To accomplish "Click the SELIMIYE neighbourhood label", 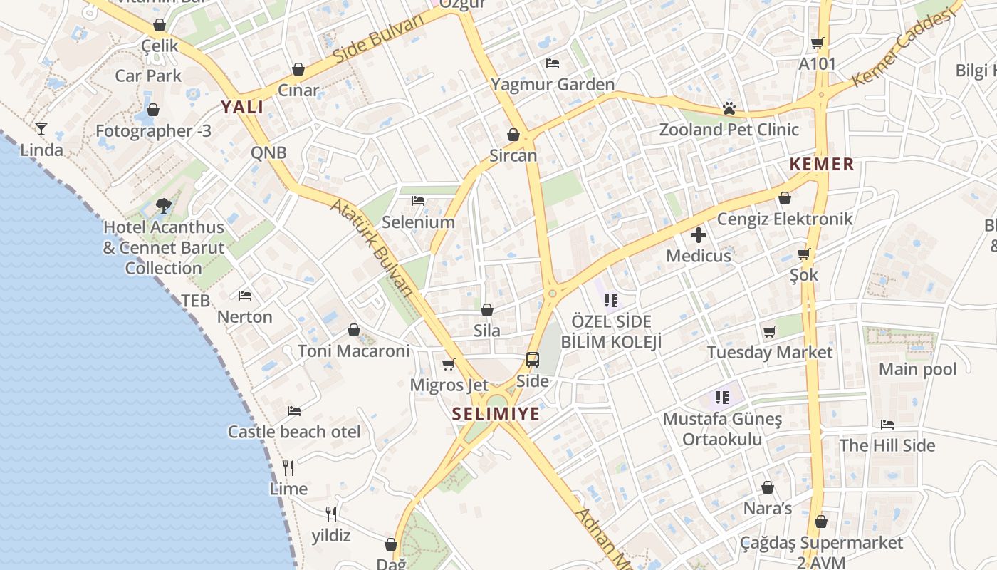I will pyautogui.click(x=496, y=414).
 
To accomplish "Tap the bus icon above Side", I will pyautogui.click(x=533, y=359).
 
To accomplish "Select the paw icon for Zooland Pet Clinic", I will pyautogui.click(x=729, y=108).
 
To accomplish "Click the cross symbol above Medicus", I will pyautogui.click(x=699, y=234).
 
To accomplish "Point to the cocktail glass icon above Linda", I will pyautogui.click(x=41, y=129).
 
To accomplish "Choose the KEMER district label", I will pyautogui.click(x=821, y=165).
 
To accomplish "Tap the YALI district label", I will pyautogui.click(x=241, y=108).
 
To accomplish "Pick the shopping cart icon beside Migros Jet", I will pyautogui.click(x=449, y=365).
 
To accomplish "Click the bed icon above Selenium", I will pyautogui.click(x=418, y=201).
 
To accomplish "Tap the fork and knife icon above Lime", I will pyautogui.click(x=288, y=467).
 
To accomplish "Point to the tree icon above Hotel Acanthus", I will pyautogui.click(x=164, y=206).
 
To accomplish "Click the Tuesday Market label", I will pyautogui.click(x=769, y=353).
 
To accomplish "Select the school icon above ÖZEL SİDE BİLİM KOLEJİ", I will pyautogui.click(x=610, y=300).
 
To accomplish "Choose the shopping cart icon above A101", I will pyautogui.click(x=817, y=43).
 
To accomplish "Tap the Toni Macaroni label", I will pyautogui.click(x=354, y=351).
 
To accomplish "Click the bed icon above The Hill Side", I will pyautogui.click(x=887, y=425).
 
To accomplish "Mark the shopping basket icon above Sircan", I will pyautogui.click(x=513, y=135).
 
